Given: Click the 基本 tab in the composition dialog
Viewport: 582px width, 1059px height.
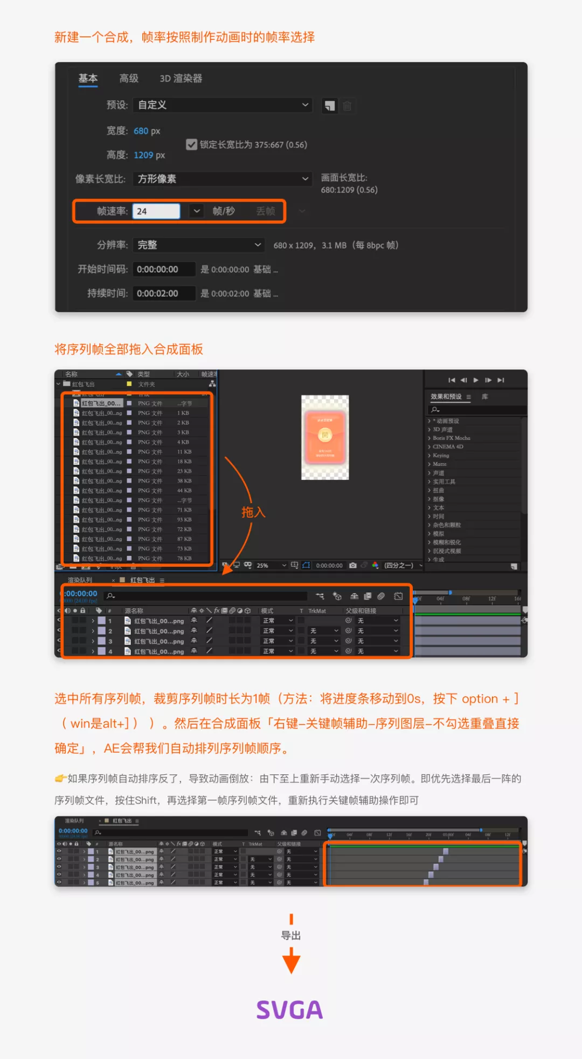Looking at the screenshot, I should click(x=88, y=79).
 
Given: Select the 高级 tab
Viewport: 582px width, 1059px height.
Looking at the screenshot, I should click(x=129, y=79).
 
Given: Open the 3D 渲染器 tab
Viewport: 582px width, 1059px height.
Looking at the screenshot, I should click(x=181, y=79).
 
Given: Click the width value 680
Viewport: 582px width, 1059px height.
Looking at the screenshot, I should click(x=141, y=131).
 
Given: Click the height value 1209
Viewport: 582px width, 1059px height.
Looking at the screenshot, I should click(x=143, y=155).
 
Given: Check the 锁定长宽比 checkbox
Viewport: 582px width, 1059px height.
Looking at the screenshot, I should click(x=191, y=145).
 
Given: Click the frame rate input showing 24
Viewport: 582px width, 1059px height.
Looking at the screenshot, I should click(x=156, y=211).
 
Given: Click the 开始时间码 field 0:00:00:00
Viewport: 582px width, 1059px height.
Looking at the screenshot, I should click(x=163, y=270).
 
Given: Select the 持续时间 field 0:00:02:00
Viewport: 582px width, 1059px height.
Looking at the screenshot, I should click(x=163, y=294).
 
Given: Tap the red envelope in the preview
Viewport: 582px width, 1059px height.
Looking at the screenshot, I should click(x=325, y=437).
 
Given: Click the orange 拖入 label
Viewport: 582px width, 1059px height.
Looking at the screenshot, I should click(x=253, y=512).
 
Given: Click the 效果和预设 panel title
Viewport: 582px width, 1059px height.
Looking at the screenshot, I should click(x=446, y=397).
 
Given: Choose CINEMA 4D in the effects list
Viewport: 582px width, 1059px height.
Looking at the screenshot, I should click(x=448, y=447).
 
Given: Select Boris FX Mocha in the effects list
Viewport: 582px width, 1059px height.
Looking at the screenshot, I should click(x=451, y=438).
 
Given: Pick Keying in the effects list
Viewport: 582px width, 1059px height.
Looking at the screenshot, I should click(x=441, y=456).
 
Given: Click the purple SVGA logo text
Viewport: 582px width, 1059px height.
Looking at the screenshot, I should click(x=290, y=1010).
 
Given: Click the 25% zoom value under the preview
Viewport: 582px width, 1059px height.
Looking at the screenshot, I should click(x=262, y=566).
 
